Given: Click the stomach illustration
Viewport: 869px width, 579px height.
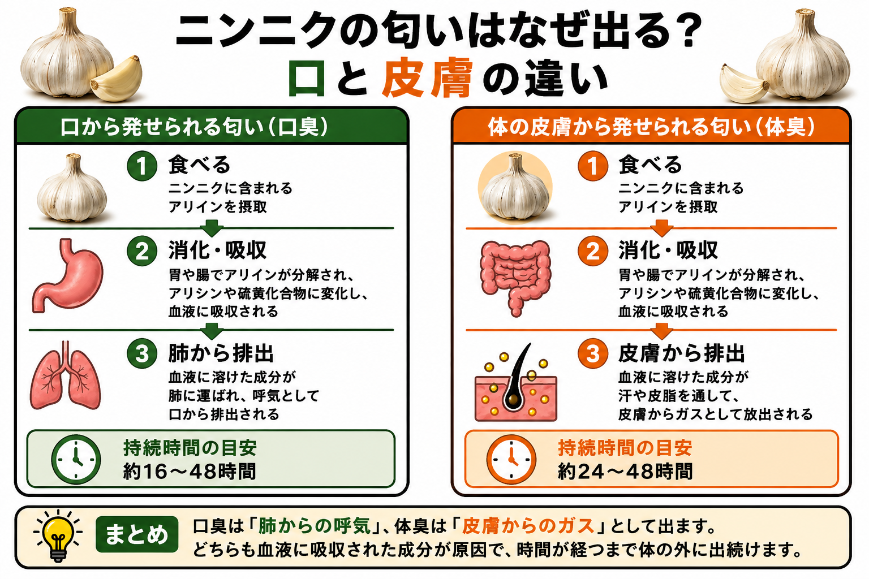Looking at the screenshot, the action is (68, 275).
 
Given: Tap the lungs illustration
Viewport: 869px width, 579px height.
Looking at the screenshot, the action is (66, 375).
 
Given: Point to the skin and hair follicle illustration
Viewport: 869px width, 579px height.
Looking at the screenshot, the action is (515, 382).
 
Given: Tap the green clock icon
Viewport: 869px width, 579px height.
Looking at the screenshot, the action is (76, 459).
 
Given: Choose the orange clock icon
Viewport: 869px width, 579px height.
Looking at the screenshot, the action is (511, 459).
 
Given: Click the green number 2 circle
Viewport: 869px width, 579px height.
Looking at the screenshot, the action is (142, 251).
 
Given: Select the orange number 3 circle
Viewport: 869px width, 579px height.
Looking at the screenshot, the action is (593, 353).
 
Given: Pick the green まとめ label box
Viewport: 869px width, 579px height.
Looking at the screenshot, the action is (137, 534).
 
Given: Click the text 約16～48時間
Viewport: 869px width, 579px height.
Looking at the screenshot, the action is (190, 472).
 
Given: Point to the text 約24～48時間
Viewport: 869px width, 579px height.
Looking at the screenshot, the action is (625, 472).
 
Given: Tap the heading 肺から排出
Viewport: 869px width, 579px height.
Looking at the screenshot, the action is (221, 353).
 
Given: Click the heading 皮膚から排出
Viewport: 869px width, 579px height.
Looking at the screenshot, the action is (682, 353).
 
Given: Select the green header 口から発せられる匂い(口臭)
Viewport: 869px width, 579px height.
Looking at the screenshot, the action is (195, 127).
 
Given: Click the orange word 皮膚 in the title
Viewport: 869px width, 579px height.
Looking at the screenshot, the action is (427, 77).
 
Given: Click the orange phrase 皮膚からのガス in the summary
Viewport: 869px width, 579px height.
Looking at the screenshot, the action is (528, 526).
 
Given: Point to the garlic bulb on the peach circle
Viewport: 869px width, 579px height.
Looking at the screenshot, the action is (515, 187).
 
